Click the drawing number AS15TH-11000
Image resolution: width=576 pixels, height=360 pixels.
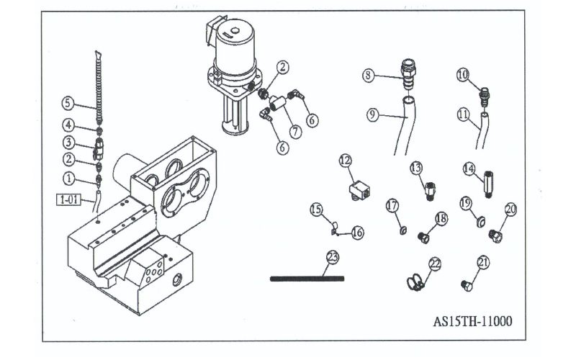(x=472, y=321)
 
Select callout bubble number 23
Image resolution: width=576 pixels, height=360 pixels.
(x=332, y=257)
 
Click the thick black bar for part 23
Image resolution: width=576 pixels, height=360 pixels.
(x=307, y=279)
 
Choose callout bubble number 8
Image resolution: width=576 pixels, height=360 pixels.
(x=368, y=74)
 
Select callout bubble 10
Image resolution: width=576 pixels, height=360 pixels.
(x=463, y=74)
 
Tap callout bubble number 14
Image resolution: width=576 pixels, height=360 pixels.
(x=469, y=169)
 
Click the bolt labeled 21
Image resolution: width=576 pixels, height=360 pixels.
(x=466, y=287)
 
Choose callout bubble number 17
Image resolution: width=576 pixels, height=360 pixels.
(x=392, y=206)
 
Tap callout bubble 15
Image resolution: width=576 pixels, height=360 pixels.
(x=316, y=210)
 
